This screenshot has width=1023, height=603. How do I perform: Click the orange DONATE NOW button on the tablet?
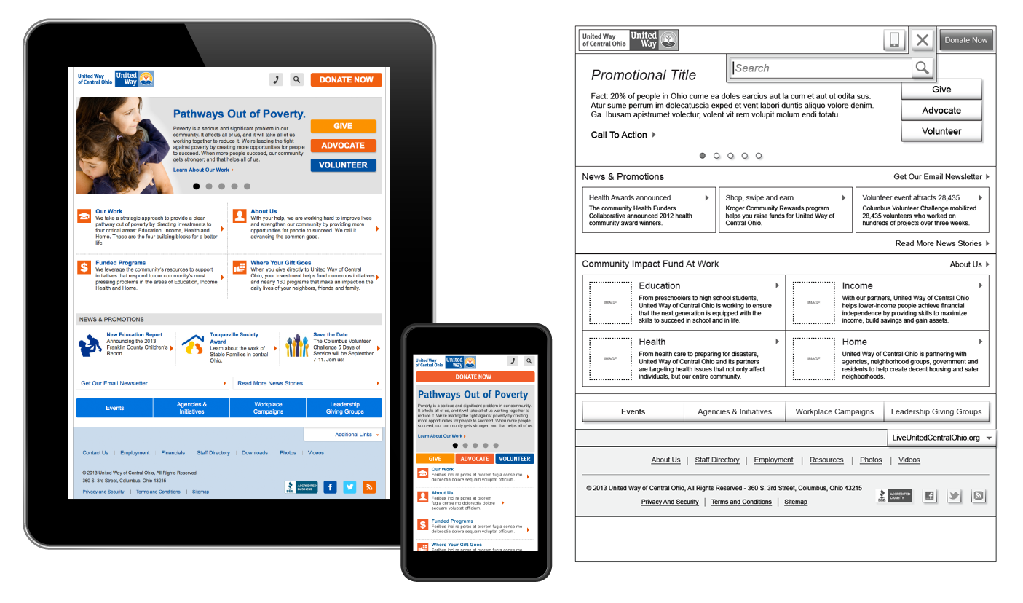point(346,80)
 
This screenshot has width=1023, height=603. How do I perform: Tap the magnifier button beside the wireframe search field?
point(922,68)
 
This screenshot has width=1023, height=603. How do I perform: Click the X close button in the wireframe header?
point(923,40)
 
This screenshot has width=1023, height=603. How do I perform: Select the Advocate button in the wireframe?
point(941,111)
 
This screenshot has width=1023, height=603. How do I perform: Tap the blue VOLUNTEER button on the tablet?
point(343,165)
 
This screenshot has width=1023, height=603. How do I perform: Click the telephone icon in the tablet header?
point(276,80)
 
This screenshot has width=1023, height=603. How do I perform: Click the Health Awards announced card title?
point(630,198)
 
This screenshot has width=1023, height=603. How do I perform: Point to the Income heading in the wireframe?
point(857,286)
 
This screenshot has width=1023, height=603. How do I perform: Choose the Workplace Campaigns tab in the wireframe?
point(834,411)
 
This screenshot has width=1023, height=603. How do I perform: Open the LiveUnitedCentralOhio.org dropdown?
point(942,438)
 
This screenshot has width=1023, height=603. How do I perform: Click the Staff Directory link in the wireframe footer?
point(716,460)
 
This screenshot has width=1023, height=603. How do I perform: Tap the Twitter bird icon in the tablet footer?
point(349,487)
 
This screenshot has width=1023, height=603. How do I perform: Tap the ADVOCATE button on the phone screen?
point(475,459)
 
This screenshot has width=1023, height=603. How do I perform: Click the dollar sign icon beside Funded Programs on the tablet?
point(84,267)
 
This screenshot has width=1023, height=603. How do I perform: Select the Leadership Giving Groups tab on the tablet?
point(344,408)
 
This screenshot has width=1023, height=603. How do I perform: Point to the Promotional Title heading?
point(644,75)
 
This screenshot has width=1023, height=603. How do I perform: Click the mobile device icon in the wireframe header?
point(894,40)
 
